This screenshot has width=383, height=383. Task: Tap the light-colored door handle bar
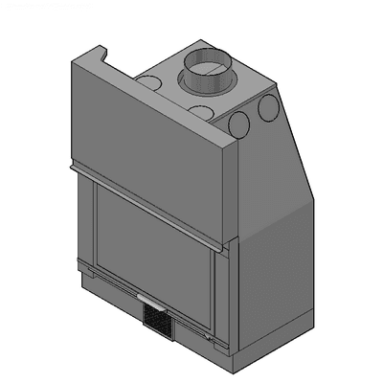[150, 295]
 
